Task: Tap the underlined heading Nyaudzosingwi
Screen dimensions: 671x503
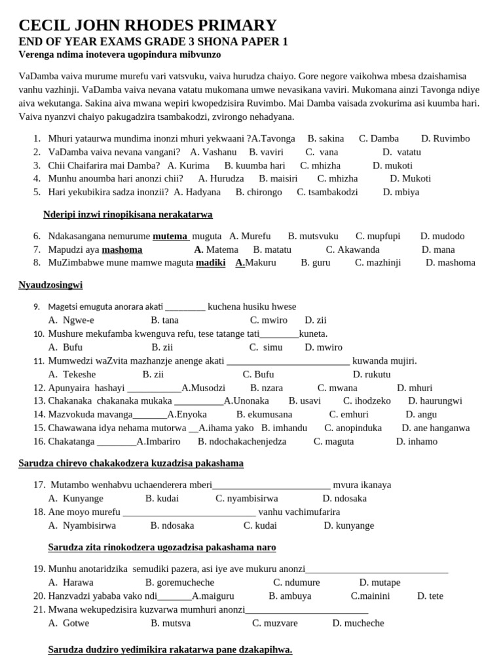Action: (50, 285)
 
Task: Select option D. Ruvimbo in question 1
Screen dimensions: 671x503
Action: (445, 138)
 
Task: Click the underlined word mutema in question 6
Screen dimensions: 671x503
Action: (170, 236)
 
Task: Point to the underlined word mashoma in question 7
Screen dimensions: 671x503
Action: (122, 250)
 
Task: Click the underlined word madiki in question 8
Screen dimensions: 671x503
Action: (211, 263)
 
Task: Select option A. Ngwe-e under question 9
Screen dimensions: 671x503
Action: (71, 320)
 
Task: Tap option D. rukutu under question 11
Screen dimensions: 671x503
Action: (371, 374)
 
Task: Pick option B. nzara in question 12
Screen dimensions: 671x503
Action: (267, 388)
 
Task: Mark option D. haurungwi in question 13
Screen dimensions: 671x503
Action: (435, 401)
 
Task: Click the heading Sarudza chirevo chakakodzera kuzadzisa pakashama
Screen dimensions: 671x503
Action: (130, 463)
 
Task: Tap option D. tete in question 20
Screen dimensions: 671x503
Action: (430, 596)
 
